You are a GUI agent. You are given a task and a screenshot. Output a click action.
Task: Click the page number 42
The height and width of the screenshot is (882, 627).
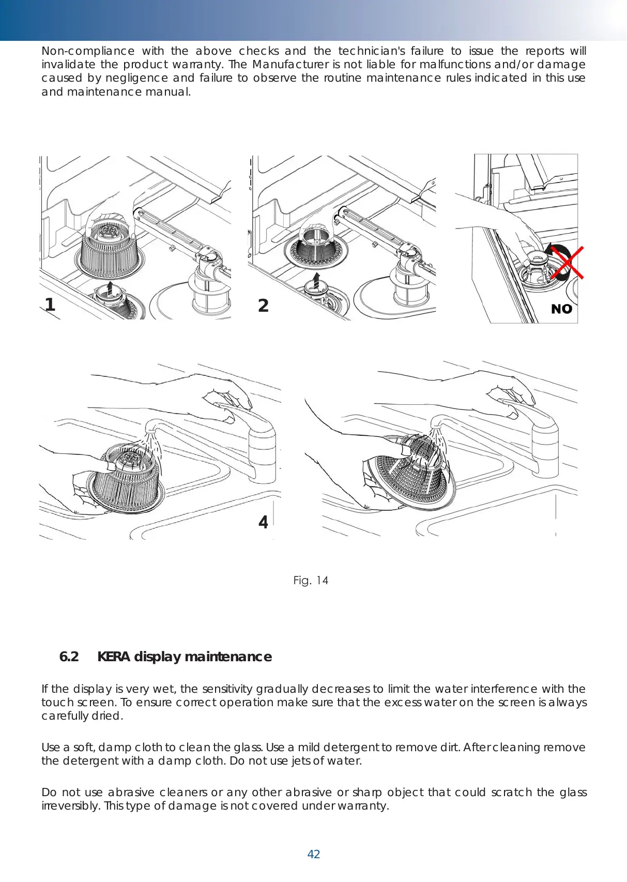[313, 854]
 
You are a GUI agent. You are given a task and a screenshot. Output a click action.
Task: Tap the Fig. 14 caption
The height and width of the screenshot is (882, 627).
[310, 581]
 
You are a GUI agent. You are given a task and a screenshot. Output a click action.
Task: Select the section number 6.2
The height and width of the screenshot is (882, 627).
[69, 657]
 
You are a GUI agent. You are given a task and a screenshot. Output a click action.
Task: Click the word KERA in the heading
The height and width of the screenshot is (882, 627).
[114, 657]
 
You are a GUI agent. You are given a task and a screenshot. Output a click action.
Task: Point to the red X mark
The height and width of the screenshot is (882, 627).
[568, 263]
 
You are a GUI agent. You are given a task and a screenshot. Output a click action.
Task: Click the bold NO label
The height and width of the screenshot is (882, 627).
[561, 309]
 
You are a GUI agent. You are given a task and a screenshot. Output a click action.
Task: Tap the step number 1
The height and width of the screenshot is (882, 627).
[50, 305]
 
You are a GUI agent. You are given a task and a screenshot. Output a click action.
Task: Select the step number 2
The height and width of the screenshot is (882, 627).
[263, 306]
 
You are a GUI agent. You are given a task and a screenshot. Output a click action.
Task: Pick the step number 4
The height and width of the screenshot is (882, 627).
[263, 522]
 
